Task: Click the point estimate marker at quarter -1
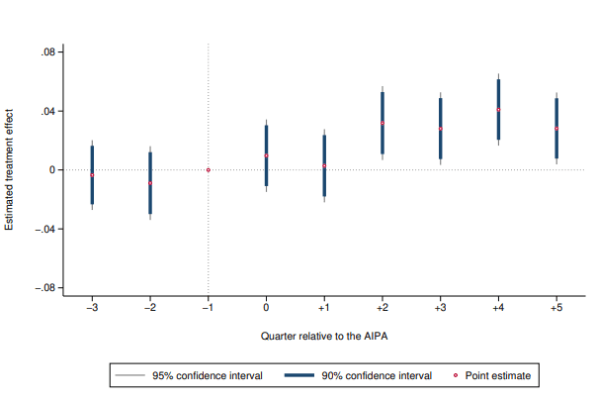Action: (209, 170)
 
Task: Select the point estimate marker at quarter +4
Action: (498, 110)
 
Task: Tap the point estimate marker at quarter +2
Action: (383, 123)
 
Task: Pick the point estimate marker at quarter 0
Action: (266, 155)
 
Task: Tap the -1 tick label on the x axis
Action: (208, 309)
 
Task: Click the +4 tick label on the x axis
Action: (498, 309)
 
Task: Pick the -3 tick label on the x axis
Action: (92, 309)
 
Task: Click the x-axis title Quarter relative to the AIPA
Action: (324, 337)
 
